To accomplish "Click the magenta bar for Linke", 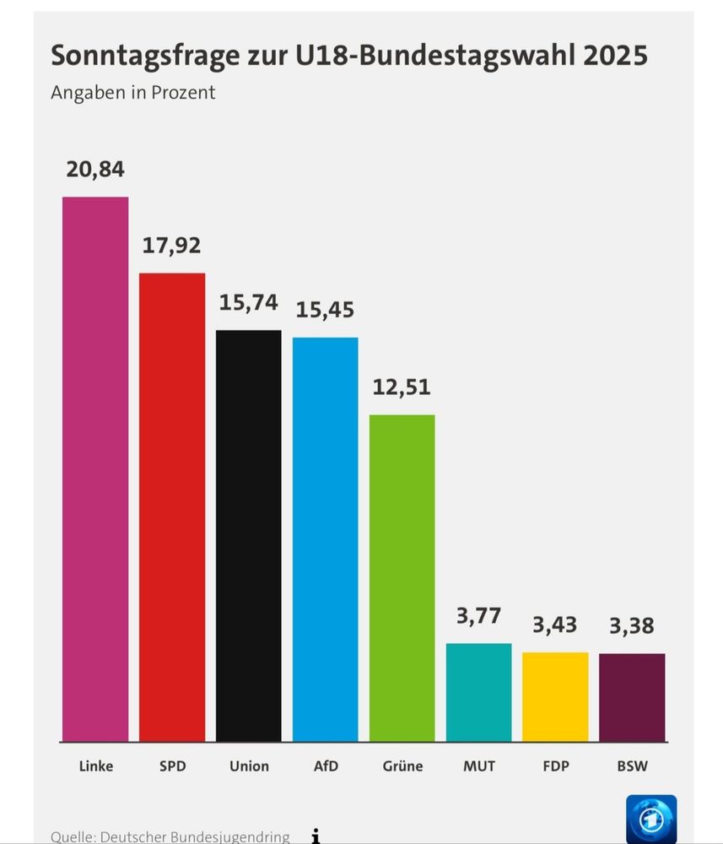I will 95,468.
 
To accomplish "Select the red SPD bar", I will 172,506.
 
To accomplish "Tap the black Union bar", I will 249,535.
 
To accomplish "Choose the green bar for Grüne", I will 402,577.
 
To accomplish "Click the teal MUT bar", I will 479,692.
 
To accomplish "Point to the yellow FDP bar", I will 555,696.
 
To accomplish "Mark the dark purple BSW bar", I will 632,697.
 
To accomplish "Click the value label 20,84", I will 95,170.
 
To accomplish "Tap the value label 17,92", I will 172,246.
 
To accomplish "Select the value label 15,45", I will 326,310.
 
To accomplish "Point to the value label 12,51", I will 402,387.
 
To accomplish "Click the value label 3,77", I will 479,615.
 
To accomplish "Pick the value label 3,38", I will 632,626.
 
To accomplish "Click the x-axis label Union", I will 249,766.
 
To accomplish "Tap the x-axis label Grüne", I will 402,766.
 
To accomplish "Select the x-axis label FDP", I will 555,766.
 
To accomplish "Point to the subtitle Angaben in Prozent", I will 133,93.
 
